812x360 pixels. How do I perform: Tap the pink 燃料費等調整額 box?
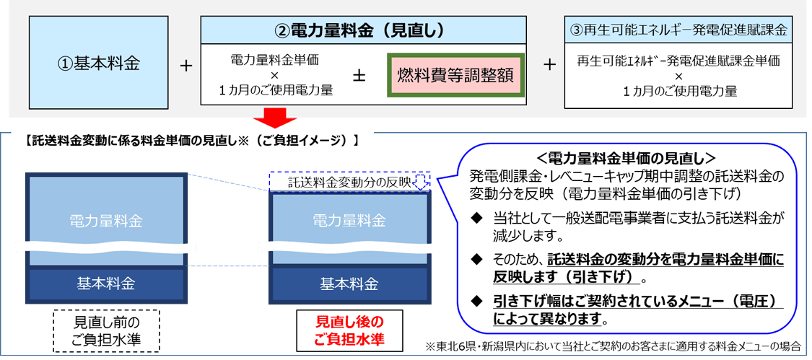[455, 74]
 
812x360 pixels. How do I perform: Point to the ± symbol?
[358, 75]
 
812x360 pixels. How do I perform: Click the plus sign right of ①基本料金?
[186, 65]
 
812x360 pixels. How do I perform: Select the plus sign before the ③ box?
[549, 65]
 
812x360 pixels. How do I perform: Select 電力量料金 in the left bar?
[106, 219]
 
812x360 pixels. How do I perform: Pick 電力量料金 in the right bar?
[349, 219]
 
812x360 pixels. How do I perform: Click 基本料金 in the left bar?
[106, 283]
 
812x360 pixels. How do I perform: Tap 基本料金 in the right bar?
[349, 283]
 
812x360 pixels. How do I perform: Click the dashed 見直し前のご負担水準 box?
[105, 330]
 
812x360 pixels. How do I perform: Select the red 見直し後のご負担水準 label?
[350, 330]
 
